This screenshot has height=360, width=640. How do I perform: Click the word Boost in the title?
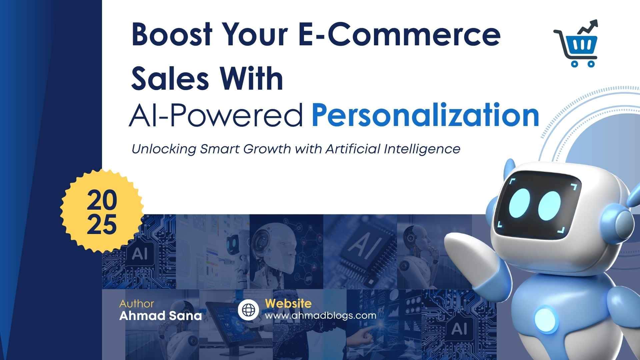(172, 35)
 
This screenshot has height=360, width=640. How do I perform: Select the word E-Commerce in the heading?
(399, 35)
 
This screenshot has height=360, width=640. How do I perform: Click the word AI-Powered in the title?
(216, 115)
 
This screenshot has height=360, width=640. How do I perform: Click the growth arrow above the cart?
(588, 27)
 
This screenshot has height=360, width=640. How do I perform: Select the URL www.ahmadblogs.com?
(321, 315)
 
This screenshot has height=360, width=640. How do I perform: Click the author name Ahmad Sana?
(160, 316)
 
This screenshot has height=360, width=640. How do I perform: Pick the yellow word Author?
(137, 304)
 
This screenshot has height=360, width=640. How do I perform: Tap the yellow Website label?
(288, 303)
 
